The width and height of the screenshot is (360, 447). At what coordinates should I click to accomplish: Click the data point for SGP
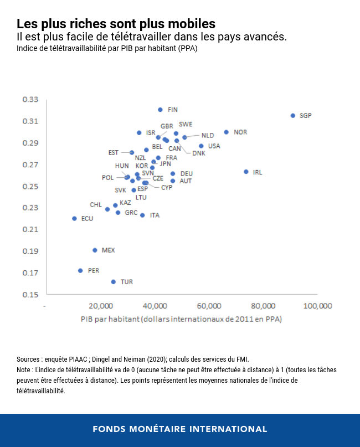pyautogui.click(x=293, y=115)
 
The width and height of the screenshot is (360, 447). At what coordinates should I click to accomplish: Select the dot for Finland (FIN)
pyautogui.click(x=160, y=110)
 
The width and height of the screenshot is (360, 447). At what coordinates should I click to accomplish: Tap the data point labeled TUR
pyautogui.click(x=114, y=282)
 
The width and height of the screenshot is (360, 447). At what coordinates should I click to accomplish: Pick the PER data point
pyautogui.click(x=80, y=271)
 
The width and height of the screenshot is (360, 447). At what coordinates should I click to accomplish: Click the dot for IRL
pyautogui.click(x=246, y=172)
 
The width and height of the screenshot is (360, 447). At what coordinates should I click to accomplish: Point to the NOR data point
pyautogui.click(x=226, y=132)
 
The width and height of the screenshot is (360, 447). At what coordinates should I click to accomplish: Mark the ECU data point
pyautogui.click(x=74, y=218)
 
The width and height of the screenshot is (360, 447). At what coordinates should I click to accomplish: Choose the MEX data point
pyautogui.click(x=95, y=250)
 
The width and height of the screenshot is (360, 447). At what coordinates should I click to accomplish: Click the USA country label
pyautogui.click(x=214, y=146)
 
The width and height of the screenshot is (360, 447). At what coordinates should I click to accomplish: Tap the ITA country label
pyautogui.click(x=155, y=215)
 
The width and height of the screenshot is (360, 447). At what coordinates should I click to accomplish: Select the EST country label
pyautogui.click(x=114, y=152)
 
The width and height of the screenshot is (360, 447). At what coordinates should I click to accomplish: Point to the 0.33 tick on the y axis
pyautogui.click(x=30, y=100)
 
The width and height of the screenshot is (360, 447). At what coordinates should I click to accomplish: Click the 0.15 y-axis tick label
pyautogui.click(x=30, y=295)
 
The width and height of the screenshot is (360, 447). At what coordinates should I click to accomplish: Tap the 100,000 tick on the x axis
pyautogui.click(x=317, y=306)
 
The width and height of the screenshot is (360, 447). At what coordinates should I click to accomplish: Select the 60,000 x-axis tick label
pyautogui.click(x=209, y=306)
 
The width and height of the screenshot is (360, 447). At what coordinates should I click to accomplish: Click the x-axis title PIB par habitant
pyautogui.click(x=182, y=319)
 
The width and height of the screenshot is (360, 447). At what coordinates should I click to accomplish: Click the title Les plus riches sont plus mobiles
pyautogui.click(x=116, y=24)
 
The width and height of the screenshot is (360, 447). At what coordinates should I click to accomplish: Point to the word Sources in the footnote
pyautogui.click(x=30, y=359)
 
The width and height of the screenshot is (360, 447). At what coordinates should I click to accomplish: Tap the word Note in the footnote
pyautogui.click(x=24, y=369)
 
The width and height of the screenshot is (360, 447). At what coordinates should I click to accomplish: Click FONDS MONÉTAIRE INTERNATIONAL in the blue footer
pyautogui.click(x=180, y=429)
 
